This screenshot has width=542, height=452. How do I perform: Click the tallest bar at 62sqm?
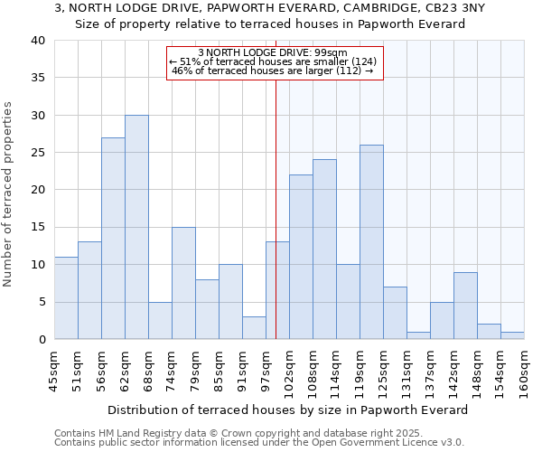pos(136,227)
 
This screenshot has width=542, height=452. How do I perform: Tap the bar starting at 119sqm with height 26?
pos(371,242)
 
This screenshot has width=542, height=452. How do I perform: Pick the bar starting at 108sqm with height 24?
pos(324,250)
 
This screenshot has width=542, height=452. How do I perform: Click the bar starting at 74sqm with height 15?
pos(183,283)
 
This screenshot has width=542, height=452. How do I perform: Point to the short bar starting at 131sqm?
pos(418,335)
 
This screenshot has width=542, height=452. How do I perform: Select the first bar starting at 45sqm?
pos(66,298)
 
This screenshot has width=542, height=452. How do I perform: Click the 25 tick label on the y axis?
pos(37,153)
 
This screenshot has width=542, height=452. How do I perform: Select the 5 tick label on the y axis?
pos(41,302)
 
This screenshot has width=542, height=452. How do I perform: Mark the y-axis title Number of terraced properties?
pos(9,194)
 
